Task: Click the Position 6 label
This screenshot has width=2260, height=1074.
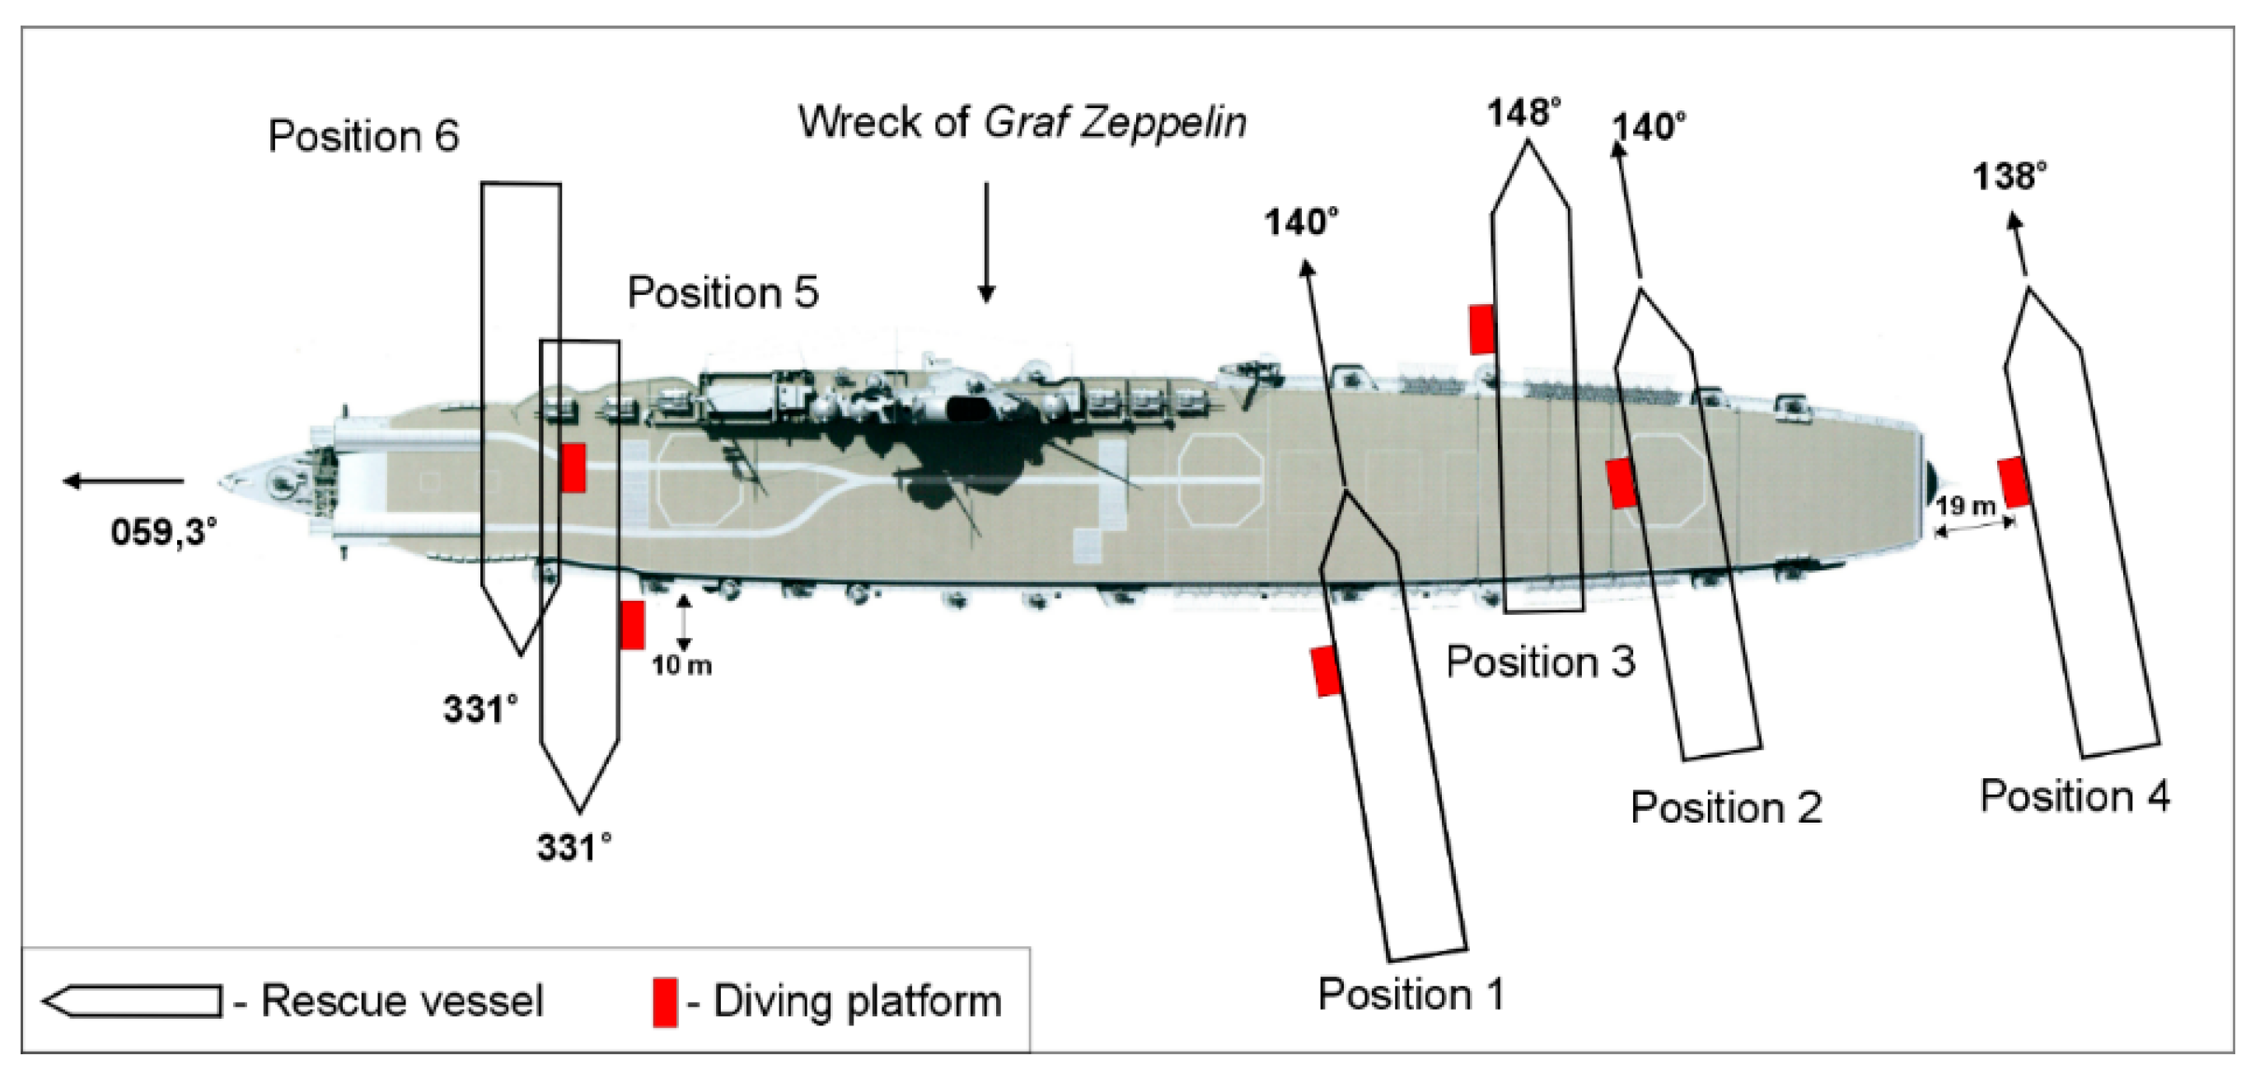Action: click(363, 137)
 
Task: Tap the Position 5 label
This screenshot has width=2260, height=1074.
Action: click(723, 293)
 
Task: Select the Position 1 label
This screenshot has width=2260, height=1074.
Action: click(1411, 995)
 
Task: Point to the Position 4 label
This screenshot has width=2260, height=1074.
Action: click(2075, 797)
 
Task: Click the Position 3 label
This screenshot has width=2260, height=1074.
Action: click(1541, 662)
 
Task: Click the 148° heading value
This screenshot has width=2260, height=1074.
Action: click(1525, 113)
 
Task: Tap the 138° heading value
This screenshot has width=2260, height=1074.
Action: click(2009, 177)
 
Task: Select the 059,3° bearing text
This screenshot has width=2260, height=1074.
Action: click(164, 532)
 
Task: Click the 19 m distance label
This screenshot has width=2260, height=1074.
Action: click(1965, 507)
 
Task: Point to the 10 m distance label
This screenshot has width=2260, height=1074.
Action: click(681, 666)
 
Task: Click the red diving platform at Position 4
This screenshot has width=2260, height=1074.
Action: click(2014, 482)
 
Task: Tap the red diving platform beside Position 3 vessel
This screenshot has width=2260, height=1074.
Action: click(1481, 330)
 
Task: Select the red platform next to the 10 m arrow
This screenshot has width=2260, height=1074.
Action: click(632, 625)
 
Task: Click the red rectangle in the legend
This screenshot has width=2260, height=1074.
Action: click(665, 1002)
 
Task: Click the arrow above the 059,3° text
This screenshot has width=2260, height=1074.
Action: click(123, 481)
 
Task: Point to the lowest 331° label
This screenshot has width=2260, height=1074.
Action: click(573, 848)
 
